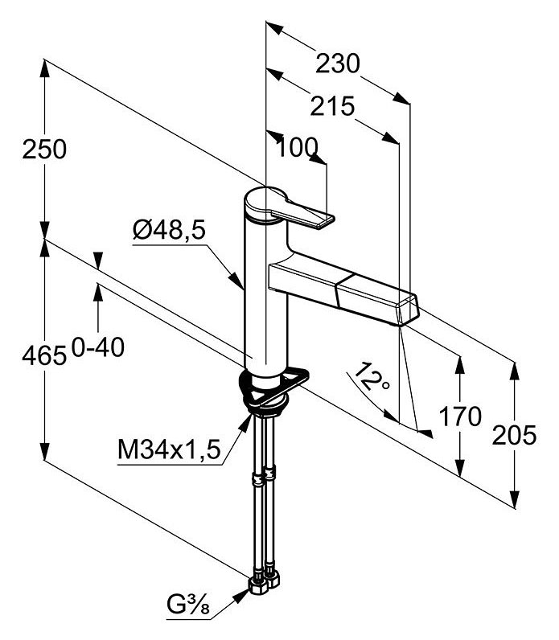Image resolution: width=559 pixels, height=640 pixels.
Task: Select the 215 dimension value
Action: pos(331,106)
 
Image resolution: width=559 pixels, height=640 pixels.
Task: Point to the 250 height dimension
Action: pos(45,150)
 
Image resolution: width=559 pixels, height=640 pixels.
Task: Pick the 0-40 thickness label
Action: pos(97,347)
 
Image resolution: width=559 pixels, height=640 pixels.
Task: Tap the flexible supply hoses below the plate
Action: pos(266,490)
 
